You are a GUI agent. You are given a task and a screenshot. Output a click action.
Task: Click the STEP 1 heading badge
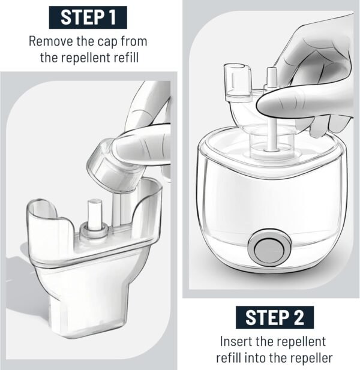[88, 17]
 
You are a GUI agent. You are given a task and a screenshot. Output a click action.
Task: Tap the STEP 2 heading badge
[275, 317]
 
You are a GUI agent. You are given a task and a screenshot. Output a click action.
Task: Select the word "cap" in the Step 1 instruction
[107, 43]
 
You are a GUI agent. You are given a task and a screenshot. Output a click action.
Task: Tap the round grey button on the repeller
[269, 249]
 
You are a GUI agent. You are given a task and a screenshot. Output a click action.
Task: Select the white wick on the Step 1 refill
[95, 215]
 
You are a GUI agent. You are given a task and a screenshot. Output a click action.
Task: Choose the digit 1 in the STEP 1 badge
[112, 17]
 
